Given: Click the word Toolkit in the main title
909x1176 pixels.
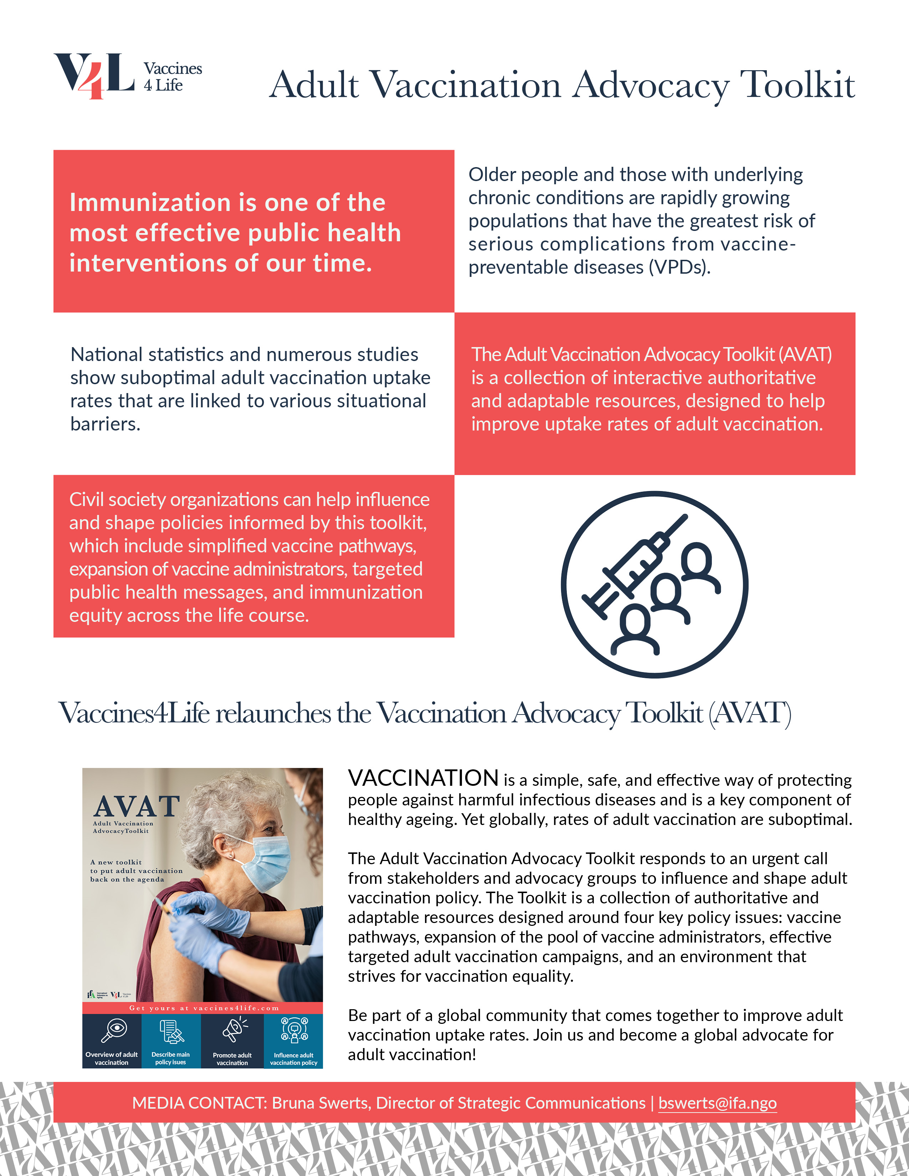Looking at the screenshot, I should [797, 85].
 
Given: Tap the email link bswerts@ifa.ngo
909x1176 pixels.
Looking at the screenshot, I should [717, 1103].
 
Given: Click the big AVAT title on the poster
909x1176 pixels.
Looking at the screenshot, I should [137, 806].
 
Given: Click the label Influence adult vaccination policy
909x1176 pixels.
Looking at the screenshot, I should [293, 1059].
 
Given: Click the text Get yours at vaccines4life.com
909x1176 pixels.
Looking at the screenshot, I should [204, 1008].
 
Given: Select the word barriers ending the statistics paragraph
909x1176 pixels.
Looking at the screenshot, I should [105, 424].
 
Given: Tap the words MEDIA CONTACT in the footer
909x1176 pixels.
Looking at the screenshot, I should [199, 1103].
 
